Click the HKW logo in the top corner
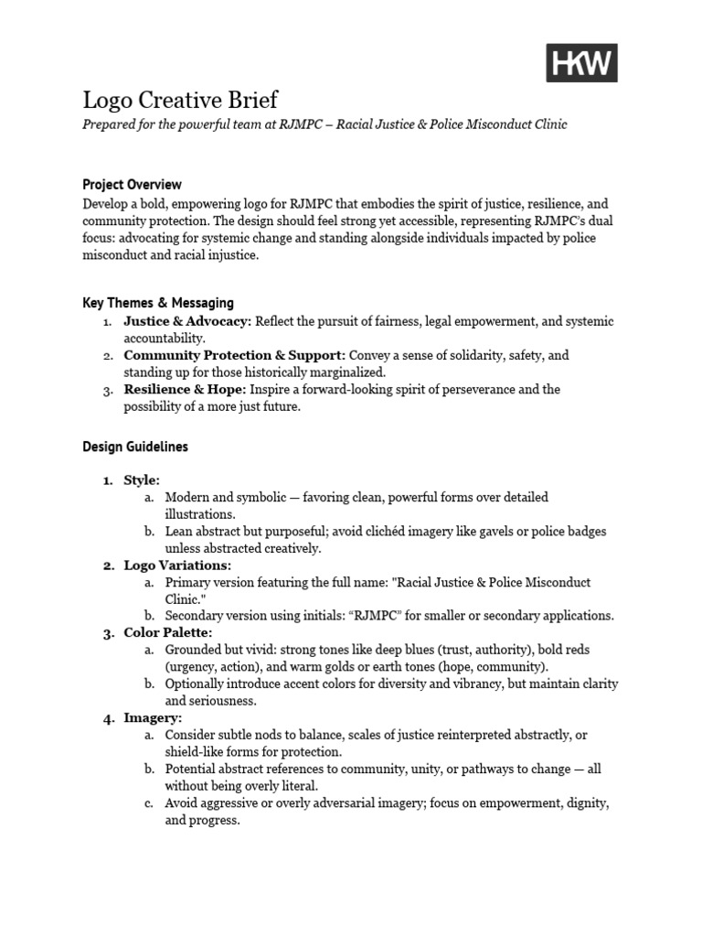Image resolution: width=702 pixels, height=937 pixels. pyautogui.click(x=582, y=63)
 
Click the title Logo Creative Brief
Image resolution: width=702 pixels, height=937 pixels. pyautogui.click(x=180, y=99)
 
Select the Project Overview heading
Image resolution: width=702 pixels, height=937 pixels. pyautogui.click(x=132, y=184)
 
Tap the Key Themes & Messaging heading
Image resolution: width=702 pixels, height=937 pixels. pyautogui.click(x=158, y=302)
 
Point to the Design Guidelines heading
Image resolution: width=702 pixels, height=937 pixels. pyautogui.click(x=135, y=447)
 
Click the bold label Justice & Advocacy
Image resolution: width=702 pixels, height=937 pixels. pyautogui.click(x=187, y=321)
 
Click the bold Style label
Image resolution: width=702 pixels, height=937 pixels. pyautogui.click(x=142, y=479)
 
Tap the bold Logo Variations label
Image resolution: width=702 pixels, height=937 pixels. pyautogui.click(x=177, y=565)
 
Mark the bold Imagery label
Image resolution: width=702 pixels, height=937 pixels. pyautogui.click(x=154, y=717)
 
